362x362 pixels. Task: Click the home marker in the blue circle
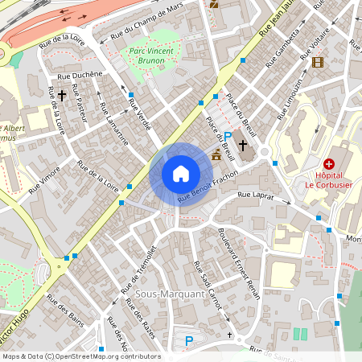click(181, 174)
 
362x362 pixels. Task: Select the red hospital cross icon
click(328, 163)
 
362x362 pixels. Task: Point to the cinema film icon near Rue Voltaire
click(318, 62)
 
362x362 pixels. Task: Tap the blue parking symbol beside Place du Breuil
click(228, 137)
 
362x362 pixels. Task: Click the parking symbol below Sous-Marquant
click(189, 340)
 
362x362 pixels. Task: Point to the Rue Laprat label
click(257, 195)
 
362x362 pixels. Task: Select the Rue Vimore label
click(44, 179)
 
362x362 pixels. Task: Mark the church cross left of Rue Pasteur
click(62, 95)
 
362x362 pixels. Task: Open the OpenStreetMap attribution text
click(81, 356)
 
